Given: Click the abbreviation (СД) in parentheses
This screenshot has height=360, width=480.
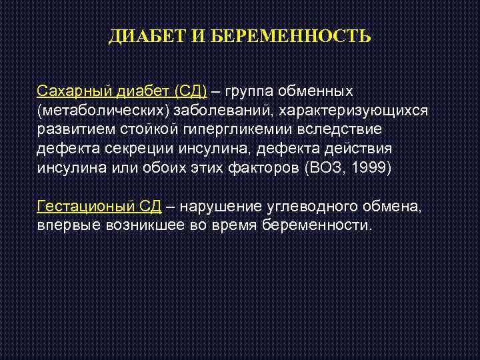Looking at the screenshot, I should [x=191, y=89].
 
